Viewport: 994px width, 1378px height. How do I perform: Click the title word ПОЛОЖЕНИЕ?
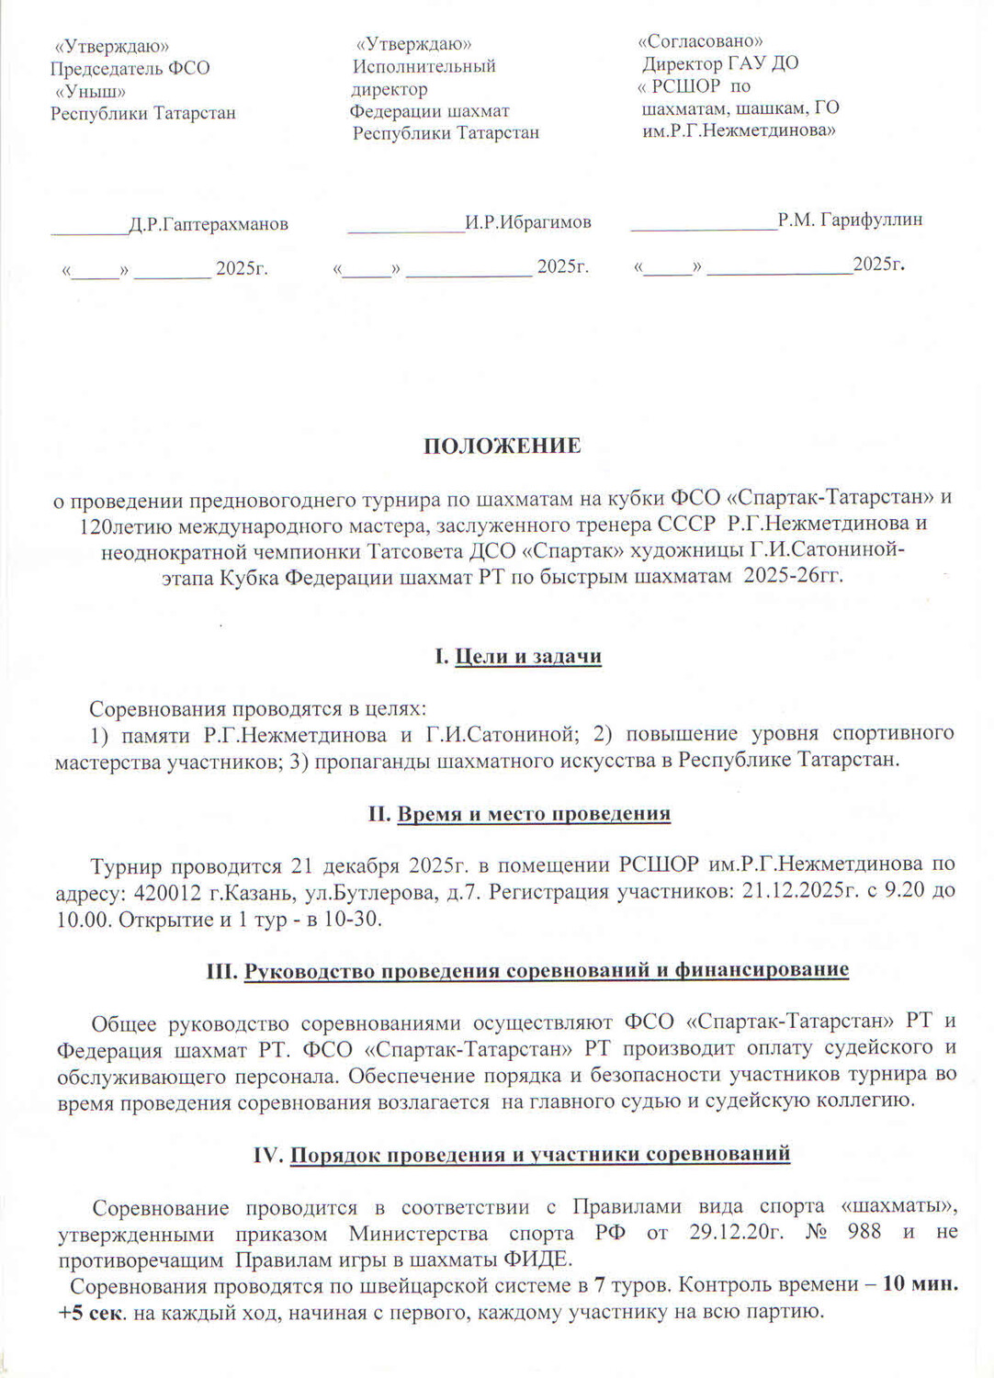[502, 446]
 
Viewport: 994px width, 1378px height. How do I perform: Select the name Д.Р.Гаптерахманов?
[208, 224]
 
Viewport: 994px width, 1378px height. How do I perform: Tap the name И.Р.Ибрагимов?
[527, 222]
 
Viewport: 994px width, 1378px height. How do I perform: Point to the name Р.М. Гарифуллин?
[850, 220]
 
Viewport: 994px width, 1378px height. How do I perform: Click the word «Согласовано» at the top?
[701, 41]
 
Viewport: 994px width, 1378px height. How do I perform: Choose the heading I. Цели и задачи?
[518, 657]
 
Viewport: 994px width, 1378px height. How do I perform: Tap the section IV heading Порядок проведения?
[522, 1154]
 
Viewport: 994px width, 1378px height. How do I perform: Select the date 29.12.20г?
[736, 1232]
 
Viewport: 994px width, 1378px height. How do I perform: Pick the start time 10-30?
[354, 920]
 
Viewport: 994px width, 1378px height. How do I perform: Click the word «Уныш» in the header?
[90, 91]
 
